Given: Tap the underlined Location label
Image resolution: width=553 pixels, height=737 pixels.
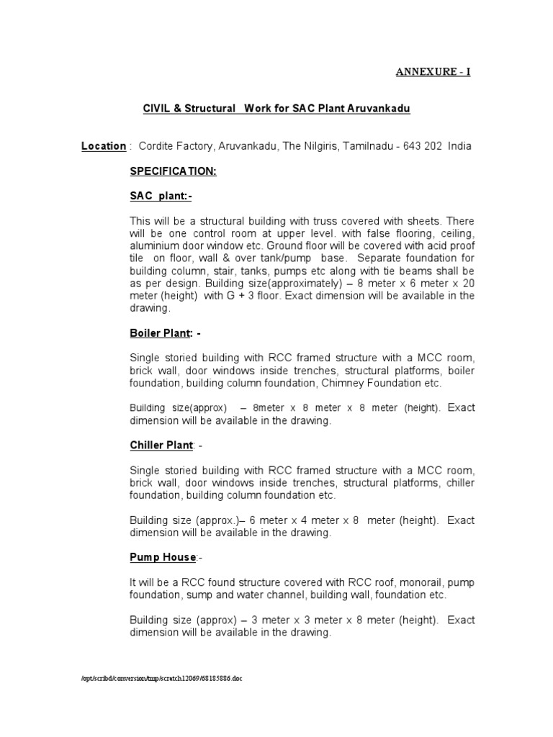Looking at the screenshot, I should pos(103,146).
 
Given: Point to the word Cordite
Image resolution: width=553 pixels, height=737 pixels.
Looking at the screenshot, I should pos(157,146).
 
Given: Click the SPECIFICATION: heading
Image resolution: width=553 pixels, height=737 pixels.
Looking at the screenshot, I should pos(173,172).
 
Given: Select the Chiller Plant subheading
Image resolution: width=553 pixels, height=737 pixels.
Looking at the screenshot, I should pos(161,446).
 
